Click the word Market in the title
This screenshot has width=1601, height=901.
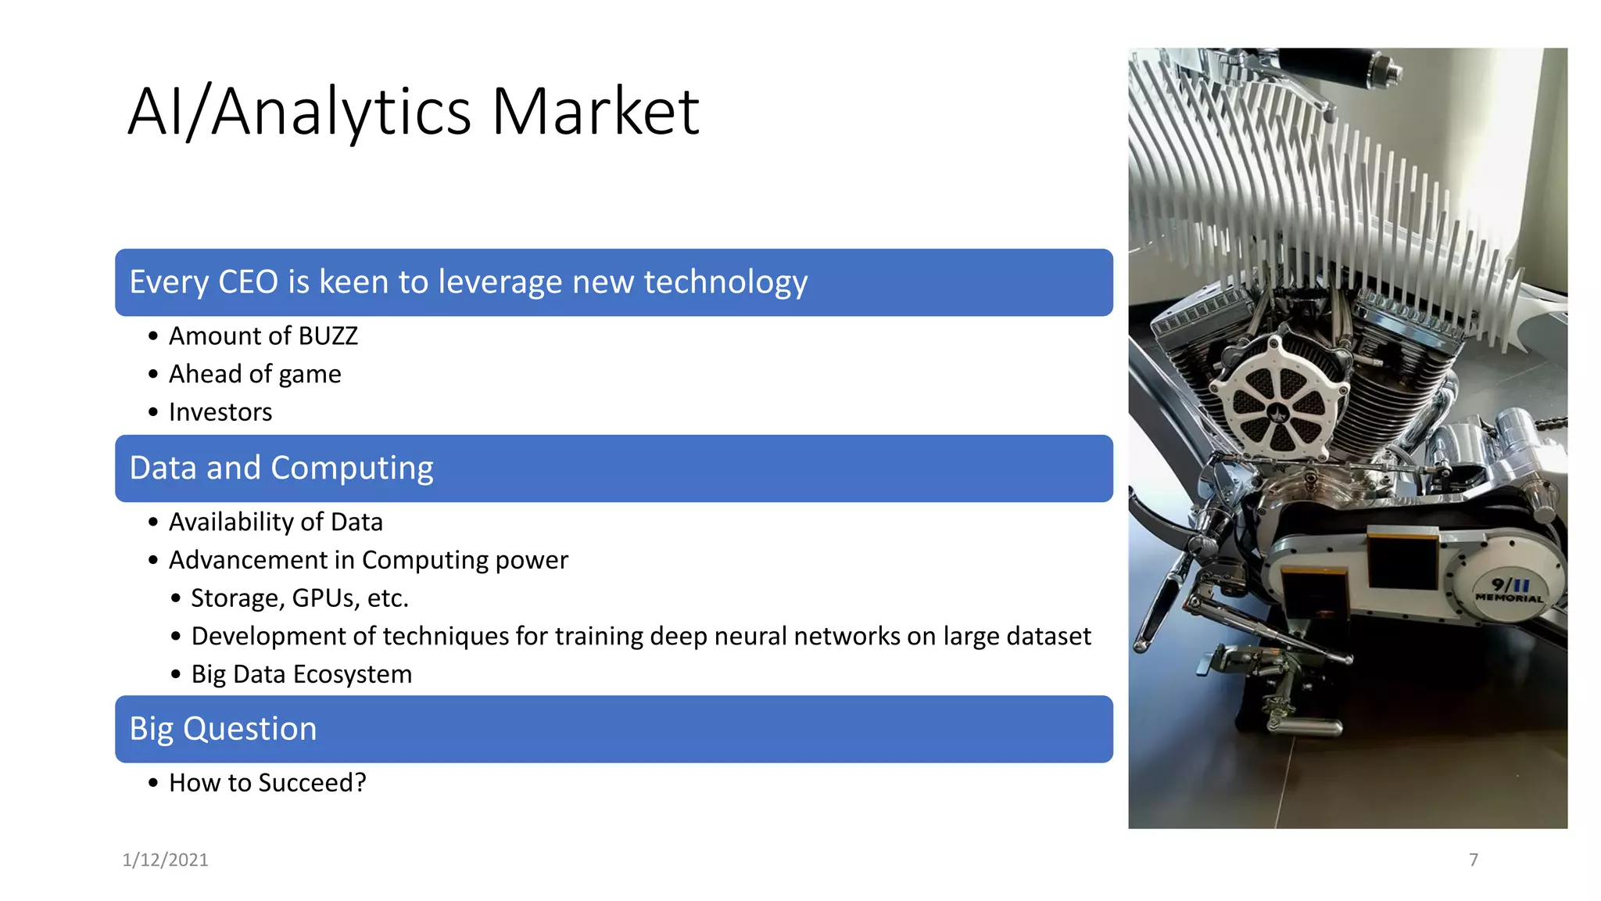pyautogui.click(x=595, y=112)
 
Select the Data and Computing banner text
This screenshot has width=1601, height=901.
pyautogui.click(x=281, y=468)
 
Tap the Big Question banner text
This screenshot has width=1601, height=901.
pyautogui.click(x=223, y=729)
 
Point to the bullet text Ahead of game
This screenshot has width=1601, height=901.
pyautogui.click(x=255, y=375)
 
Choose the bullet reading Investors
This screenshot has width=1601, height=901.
pyautogui.click(x=220, y=412)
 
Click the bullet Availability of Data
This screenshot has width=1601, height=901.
pyautogui.click(x=276, y=522)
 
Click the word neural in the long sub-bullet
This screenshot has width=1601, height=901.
pyautogui.click(x=751, y=637)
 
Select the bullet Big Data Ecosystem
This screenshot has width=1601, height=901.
pyautogui.click(x=301, y=674)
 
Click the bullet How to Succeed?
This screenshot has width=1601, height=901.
pyautogui.click(x=267, y=783)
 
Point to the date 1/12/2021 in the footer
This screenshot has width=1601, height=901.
pyautogui.click(x=165, y=860)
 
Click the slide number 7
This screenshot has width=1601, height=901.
pyautogui.click(x=1474, y=860)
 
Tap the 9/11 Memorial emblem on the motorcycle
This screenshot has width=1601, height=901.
pyautogui.click(x=1509, y=590)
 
